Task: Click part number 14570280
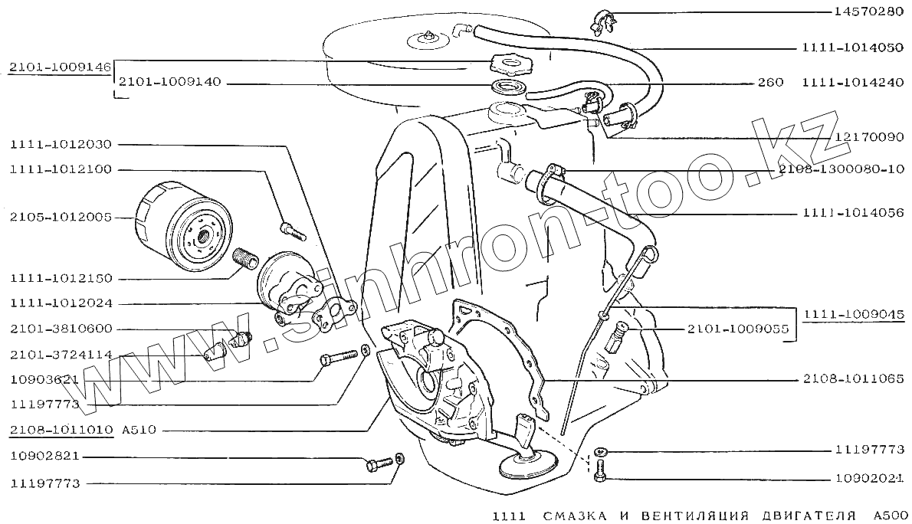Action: pyautogui.click(x=869, y=13)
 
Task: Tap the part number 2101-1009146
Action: pyautogui.click(x=61, y=67)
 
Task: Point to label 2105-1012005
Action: pyautogui.click(x=61, y=218)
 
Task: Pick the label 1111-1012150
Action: pyautogui.click(x=61, y=277)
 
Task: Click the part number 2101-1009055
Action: pyautogui.click(x=737, y=329)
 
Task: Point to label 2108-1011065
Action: pyautogui.click(x=854, y=378)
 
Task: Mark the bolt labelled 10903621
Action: pyautogui.click(x=336, y=357)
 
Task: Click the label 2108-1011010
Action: pyautogui.click(x=61, y=430)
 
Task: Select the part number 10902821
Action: pyautogui.click(x=44, y=457)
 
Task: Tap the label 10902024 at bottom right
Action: pyautogui.click(x=869, y=479)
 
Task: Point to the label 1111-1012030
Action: pyautogui.click(x=61, y=144)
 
